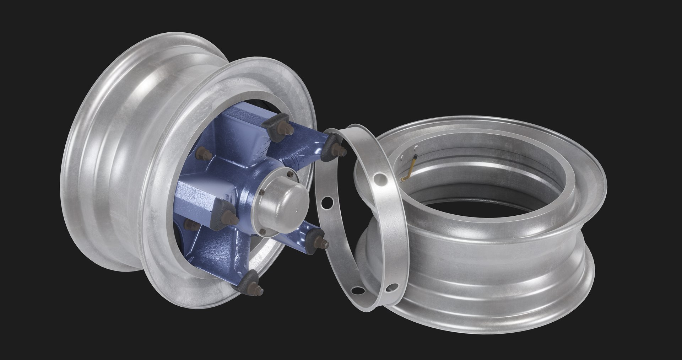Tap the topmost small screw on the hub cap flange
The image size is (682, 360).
[x=291, y=174]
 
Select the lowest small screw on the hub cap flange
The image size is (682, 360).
[x=264, y=232]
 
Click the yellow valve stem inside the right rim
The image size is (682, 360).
[x=411, y=169]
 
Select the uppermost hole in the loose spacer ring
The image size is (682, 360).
[x=380, y=177]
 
